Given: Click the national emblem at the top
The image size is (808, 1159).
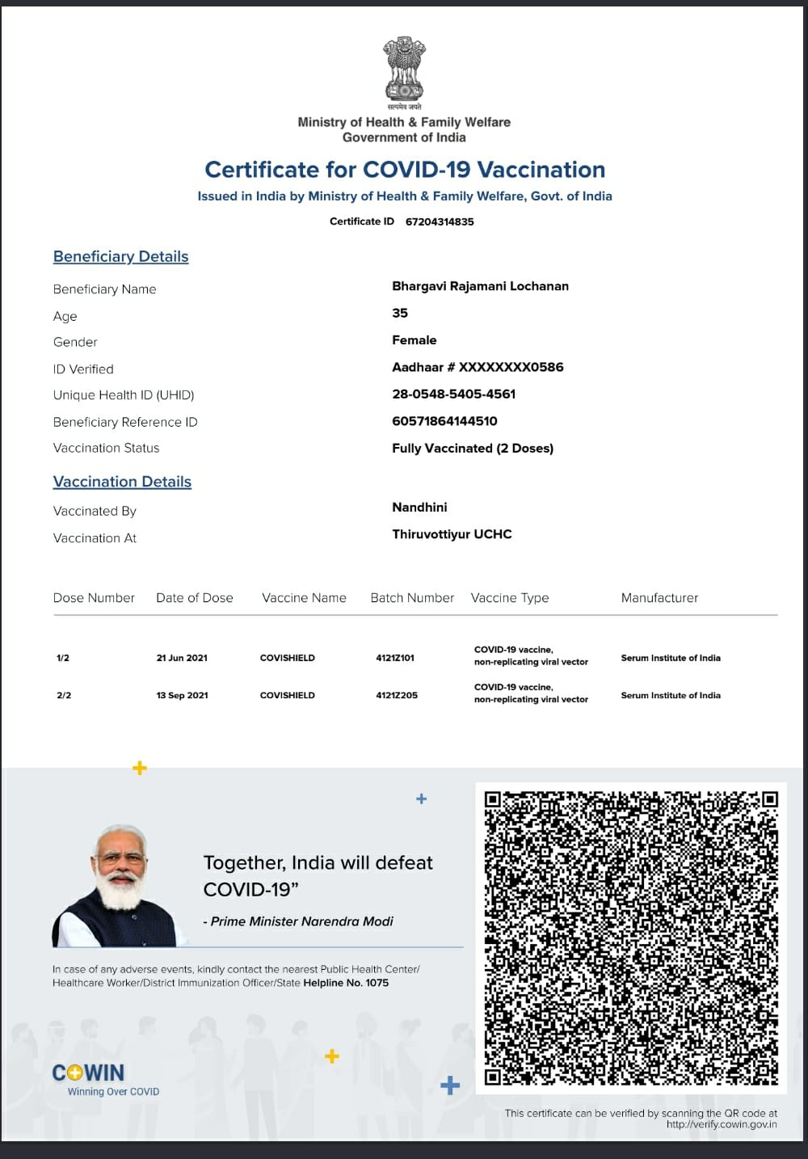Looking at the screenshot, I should point(403,71).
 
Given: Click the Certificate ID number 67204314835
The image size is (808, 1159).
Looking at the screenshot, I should point(440,221).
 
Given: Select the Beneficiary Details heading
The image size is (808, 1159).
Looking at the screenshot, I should point(121,257).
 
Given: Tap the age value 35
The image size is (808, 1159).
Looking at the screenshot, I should point(400,313).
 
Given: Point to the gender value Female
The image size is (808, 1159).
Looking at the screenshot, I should point(415,340).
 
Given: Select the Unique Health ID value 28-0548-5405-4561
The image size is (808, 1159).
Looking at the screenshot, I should point(453,394).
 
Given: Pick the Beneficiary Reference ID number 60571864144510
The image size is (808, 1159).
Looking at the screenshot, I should point(444,421).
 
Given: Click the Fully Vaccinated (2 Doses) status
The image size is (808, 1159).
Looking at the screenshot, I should point(473,449).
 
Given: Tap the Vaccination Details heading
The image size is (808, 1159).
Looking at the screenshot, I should point(122,482).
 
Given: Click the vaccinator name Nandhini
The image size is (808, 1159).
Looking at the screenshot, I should point(419,508).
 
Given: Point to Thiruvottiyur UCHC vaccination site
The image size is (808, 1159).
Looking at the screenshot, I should point(452,534).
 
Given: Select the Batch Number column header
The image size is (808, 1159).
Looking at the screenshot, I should point(412,598).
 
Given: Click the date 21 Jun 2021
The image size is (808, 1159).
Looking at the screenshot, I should point(182,658).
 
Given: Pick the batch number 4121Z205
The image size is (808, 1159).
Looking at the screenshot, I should point(397,695).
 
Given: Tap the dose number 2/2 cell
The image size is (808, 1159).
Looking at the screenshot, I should point(64,695).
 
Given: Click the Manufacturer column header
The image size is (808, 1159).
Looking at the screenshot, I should point(659,598).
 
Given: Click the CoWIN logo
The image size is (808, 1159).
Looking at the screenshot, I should point(89,1073).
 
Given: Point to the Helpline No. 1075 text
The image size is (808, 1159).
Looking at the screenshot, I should point(346,983).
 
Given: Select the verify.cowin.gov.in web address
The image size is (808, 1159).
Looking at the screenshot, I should point(722,1124).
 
